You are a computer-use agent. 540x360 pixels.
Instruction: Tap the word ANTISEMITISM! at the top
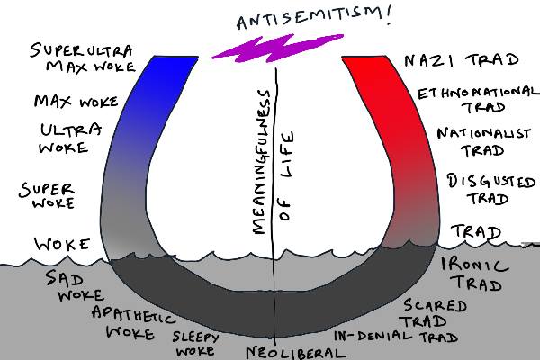point(289,18)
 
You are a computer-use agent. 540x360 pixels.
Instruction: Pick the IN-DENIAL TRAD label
point(396,337)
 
